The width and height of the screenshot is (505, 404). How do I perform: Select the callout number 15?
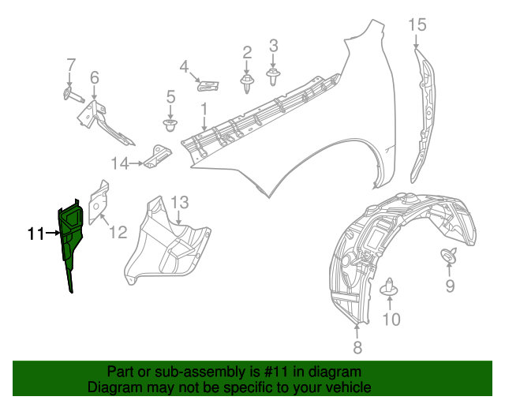417,25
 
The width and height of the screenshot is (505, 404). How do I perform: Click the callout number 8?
357,346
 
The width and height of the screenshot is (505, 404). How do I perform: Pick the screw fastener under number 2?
247,81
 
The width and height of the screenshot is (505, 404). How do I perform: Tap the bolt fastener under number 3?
274,77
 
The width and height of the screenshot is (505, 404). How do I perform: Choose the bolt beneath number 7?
69,95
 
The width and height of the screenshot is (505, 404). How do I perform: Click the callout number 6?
94,77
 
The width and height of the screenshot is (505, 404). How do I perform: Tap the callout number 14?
119,163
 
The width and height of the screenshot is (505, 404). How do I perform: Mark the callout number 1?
203,108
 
